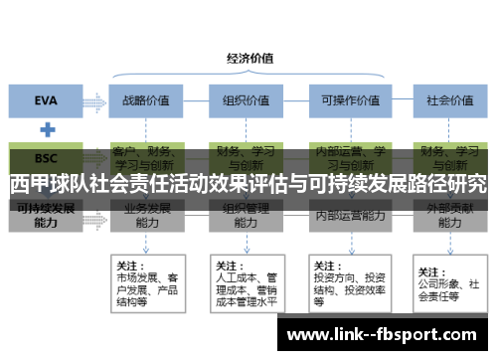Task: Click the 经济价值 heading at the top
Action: (250, 58)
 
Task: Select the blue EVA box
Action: (46, 99)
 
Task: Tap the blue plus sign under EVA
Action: (46, 129)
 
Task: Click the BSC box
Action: (46, 158)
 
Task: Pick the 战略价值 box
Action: (147, 99)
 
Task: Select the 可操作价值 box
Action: (346, 99)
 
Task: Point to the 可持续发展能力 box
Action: (46, 216)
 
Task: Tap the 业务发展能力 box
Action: (147, 216)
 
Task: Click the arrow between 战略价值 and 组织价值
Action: (198, 99)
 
